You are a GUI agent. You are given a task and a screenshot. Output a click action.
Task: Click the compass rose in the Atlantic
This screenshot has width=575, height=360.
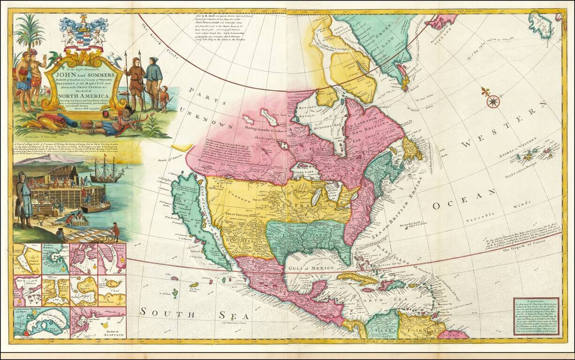(x=493, y=101)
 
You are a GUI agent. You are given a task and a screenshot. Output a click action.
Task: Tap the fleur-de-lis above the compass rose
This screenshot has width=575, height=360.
(x=485, y=91)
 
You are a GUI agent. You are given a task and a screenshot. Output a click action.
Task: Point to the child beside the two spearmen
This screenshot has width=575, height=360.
(x=164, y=98)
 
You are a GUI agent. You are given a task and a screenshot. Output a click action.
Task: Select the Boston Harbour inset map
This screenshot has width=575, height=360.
(x=55, y=258)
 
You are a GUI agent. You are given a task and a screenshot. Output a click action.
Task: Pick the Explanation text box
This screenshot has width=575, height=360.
(x=536, y=317)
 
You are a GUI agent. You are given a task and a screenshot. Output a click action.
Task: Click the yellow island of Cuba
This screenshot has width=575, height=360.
(x=356, y=277)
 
